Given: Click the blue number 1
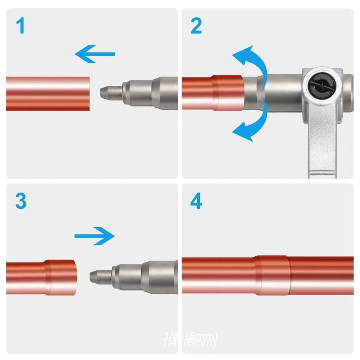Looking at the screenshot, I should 21,27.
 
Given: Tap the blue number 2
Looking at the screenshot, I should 196,27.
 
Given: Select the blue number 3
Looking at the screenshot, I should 21,202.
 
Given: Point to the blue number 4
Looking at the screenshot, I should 196,203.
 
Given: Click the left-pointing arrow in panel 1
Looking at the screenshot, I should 95,54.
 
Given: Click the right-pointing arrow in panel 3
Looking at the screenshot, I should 95,236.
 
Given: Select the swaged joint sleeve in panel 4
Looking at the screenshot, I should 272,275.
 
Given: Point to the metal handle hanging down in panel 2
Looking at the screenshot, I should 322,144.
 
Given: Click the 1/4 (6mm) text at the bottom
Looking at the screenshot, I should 191,339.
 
